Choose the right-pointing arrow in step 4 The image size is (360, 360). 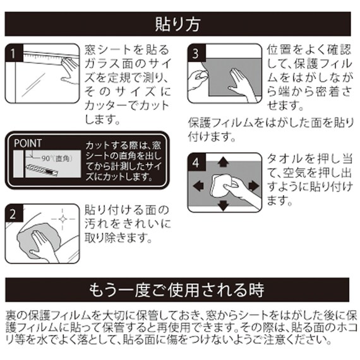coord(253,185)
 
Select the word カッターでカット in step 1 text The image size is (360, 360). coord(124,105)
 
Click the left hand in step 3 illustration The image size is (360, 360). coord(200,80)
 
